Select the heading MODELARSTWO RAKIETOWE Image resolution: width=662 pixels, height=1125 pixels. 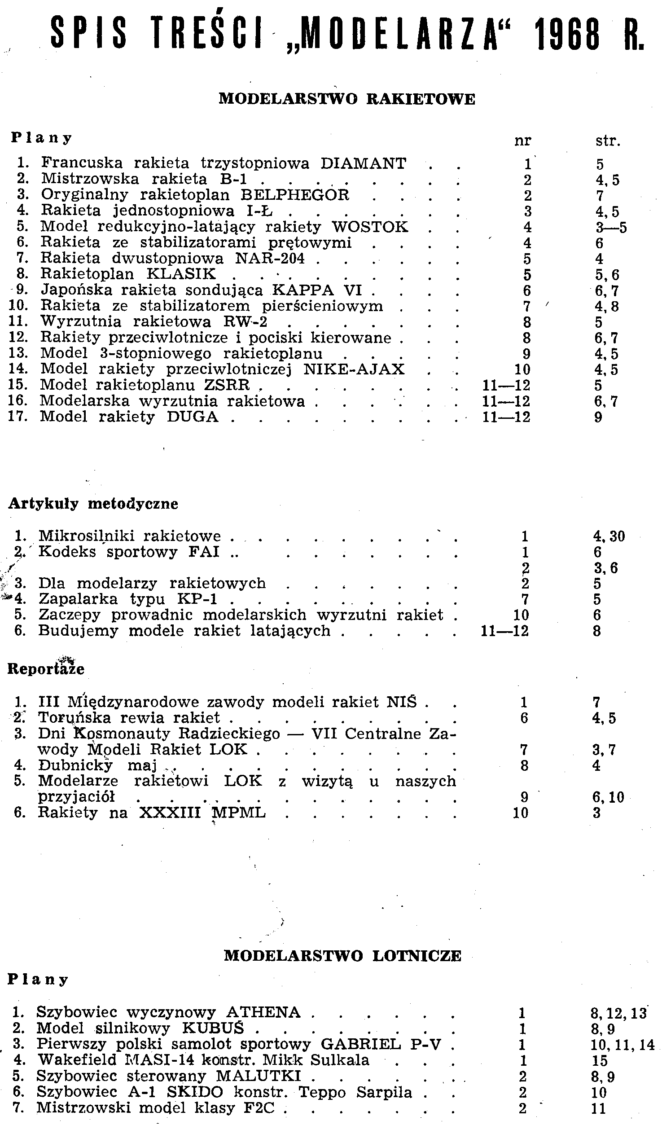346,99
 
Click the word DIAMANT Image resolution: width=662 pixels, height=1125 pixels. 364,163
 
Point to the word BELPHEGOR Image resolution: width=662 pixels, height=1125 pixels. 295,195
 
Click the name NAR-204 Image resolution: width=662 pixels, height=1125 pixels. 270,259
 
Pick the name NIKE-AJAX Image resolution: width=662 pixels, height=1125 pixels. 354,369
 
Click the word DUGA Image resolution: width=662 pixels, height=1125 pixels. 193,417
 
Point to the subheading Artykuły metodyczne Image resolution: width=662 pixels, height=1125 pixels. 93,504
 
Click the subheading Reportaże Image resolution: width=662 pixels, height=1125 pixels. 46,668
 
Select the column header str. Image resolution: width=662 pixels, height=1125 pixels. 607,141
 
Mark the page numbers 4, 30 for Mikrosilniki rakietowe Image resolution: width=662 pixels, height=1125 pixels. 609,536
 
